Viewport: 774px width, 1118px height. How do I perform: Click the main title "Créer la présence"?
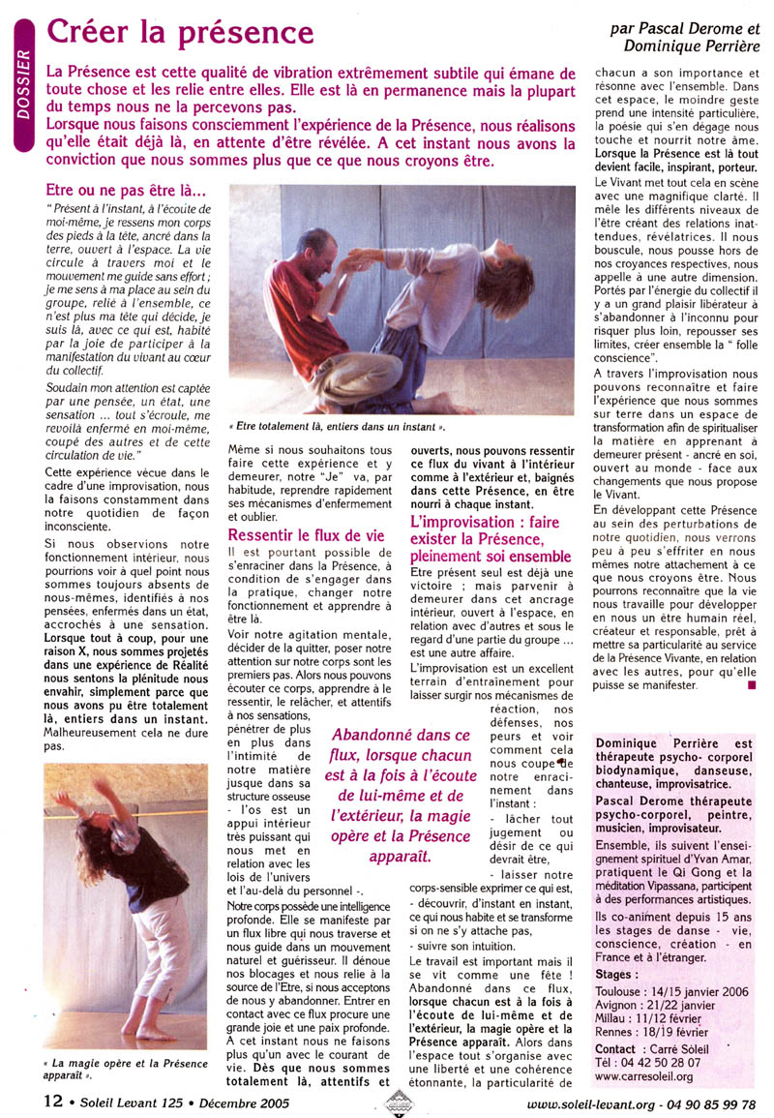coord(181,35)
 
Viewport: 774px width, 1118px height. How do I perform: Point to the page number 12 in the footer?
coord(53,1100)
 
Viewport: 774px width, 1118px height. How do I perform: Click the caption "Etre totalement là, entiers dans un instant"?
coord(339,424)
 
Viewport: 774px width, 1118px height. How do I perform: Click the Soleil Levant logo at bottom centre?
coord(398,1102)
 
